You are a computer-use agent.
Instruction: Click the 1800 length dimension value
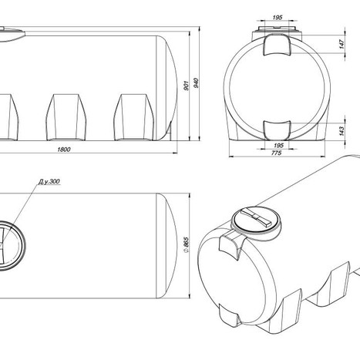coord(64,150)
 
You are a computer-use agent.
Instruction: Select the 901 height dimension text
coord(187,86)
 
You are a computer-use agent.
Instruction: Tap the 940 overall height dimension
coord(196,83)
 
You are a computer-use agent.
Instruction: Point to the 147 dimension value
coord(341,44)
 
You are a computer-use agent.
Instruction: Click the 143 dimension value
coord(341,131)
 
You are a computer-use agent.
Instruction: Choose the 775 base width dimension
coord(277,153)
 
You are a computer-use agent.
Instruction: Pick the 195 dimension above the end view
coord(278,18)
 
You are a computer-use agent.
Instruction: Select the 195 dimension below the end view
coord(278,145)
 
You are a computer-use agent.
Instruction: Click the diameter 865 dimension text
coord(187,244)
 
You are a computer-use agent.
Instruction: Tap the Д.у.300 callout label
coord(49,181)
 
